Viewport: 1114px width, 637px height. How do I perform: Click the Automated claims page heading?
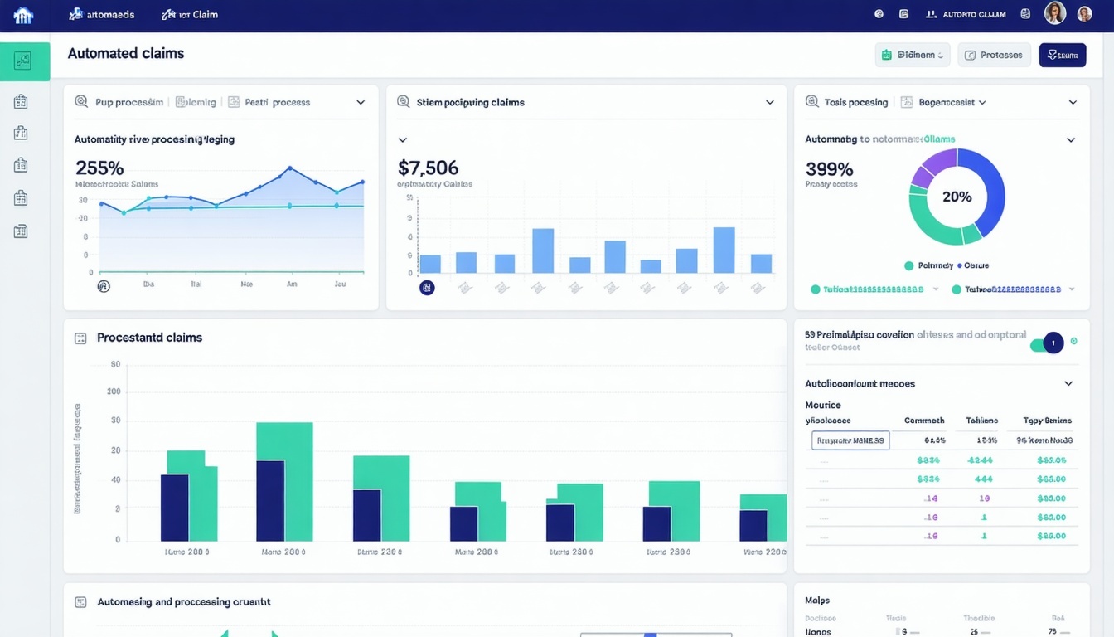[x=126, y=53]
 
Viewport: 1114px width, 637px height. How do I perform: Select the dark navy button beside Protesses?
[x=1062, y=55]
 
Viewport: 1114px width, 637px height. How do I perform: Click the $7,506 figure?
[x=428, y=168]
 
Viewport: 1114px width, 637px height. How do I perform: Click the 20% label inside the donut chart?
[x=957, y=197]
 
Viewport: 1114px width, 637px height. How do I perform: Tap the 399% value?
[x=830, y=169]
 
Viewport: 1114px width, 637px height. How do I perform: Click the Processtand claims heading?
[x=149, y=338]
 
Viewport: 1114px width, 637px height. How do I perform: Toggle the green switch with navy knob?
[x=1047, y=342]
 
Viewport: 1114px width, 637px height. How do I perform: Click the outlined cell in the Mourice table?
[x=850, y=440]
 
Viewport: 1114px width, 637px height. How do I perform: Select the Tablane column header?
[x=981, y=421]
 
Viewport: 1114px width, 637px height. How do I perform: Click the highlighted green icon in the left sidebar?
[x=23, y=61]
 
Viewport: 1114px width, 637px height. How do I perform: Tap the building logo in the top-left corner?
[x=23, y=15]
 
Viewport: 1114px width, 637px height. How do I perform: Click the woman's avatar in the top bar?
[x=1054, y=13]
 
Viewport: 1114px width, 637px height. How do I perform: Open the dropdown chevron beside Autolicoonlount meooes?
[x=1068, y=384]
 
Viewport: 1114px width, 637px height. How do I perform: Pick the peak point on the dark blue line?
[x=289, y=168]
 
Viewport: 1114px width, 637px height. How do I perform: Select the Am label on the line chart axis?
[x=292, y=284]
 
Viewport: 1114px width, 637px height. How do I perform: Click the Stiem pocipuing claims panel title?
[x=470, y=102]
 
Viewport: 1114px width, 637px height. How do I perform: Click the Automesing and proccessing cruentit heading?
[x=184, y=602]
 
